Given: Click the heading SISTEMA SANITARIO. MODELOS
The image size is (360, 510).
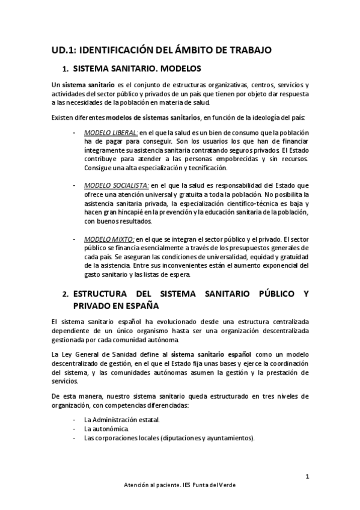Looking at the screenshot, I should [x=136, y=68].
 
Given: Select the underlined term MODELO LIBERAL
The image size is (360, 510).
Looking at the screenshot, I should [x=111, y=132].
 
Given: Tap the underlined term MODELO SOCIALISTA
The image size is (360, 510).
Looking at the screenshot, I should [x=117, y=185].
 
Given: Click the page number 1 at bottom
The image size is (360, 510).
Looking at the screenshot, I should [x=307, y=477].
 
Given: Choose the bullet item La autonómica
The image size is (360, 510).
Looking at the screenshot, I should [x=105, y=429].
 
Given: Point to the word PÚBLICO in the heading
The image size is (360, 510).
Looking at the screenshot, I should [x=270, y=294].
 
